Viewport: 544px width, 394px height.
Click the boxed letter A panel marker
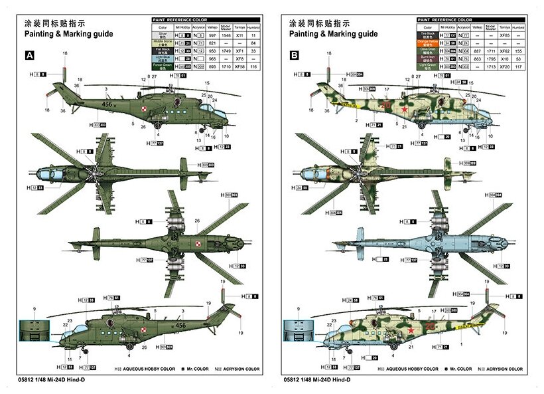[29, 56]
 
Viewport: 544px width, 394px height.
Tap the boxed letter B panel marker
[294, 56]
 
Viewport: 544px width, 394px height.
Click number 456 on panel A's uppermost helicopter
[107, 104]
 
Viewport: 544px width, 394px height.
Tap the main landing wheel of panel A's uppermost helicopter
[157, 125]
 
